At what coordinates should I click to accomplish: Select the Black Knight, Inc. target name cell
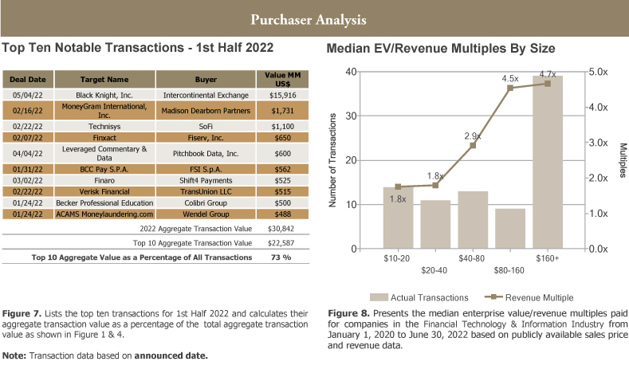(104, 95)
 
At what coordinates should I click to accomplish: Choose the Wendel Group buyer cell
(206, 214)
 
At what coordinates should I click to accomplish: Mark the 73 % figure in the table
(280, 257)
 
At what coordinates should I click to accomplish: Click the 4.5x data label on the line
(510, 78)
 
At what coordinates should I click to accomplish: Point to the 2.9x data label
(473, 136)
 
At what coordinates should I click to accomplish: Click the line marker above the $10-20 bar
(398, 187)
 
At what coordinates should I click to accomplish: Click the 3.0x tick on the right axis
(598, 143)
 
